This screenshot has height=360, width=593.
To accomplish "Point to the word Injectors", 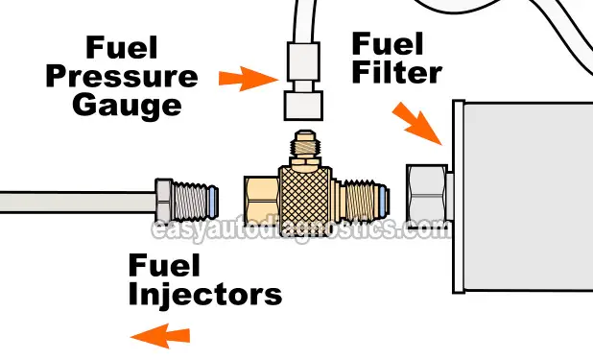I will coord(205,293).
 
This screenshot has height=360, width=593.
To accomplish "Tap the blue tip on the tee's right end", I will coord(384,200).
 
